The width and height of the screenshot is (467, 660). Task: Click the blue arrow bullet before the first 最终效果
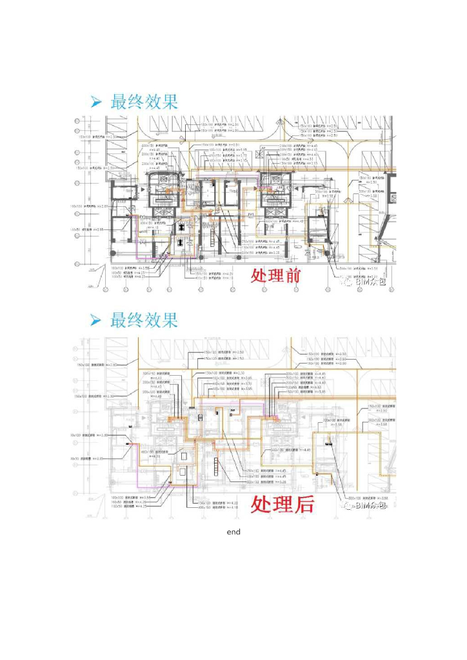96,102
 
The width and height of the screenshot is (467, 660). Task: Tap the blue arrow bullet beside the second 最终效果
96,320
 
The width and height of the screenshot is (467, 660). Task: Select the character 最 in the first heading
119,102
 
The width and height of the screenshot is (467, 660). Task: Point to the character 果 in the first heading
170,102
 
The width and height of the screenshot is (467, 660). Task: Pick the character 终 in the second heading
136,320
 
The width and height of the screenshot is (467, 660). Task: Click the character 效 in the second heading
153,320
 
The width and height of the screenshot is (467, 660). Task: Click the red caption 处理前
276,276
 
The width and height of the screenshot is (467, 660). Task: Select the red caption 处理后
282,503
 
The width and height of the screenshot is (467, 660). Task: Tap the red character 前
293,276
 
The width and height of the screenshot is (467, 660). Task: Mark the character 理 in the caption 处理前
276,276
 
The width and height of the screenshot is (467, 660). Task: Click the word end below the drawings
234,532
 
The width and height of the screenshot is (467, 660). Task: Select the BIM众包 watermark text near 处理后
372,506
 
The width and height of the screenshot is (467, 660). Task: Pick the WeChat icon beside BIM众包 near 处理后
348,506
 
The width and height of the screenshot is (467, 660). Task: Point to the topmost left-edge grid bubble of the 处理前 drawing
77,121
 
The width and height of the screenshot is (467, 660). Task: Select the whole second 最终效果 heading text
144,320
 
